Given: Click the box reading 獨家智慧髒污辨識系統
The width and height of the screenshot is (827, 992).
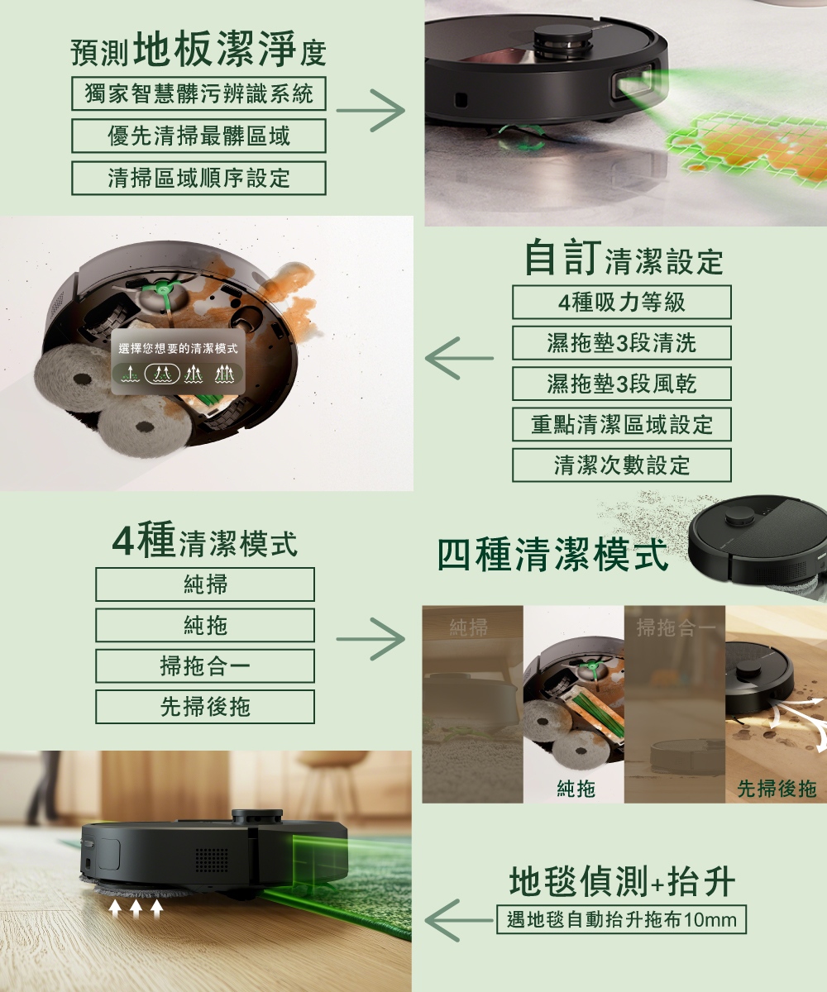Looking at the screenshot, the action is (x=198, y=93).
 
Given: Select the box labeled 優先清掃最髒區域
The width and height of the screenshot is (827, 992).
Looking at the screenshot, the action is (x=198, y=136).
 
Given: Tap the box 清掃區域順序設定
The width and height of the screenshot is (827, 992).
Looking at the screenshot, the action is (x=198, y=179).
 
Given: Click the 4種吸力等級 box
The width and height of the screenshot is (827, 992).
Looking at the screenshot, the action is (x=621, y=303).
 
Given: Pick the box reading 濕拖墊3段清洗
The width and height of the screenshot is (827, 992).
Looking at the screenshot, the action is (x=621, y=343).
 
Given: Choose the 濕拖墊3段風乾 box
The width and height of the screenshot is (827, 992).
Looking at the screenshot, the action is (x=621, y=384).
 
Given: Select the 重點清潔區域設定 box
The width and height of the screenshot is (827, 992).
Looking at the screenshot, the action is (x=621, y=424).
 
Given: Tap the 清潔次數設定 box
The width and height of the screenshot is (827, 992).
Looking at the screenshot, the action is (x=621, y=465).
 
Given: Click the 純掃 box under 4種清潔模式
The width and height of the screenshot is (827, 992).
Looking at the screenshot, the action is (x=205, y=584).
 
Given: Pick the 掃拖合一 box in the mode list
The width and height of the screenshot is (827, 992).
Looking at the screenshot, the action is (x=205, y=666).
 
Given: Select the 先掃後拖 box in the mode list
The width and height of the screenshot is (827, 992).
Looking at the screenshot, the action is (x=205, y=707).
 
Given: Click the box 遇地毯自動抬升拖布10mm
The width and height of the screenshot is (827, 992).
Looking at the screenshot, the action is (x=621, y=920).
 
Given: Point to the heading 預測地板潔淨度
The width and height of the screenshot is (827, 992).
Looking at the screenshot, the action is (x=198, y=49).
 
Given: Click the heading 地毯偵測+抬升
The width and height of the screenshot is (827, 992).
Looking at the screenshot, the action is (x=622, y=881).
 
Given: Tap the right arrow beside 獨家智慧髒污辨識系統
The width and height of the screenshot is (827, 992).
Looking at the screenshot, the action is (x=370, y=110).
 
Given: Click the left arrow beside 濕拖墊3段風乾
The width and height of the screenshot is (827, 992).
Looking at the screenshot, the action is (x=459, y=358).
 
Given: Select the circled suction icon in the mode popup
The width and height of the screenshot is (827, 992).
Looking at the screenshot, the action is (x=162, y=374).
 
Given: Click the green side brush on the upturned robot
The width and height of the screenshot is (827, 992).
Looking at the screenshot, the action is (x=164, y=288).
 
